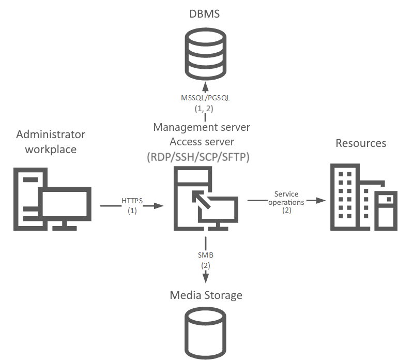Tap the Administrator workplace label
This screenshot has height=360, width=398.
click(x=51, y=142)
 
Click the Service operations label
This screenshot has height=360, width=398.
click(x=286, y=198)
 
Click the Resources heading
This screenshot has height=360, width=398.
click(x=361, y=143)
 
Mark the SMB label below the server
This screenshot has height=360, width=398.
click(x=205, y=255)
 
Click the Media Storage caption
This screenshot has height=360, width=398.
click(x=206, y=295)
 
